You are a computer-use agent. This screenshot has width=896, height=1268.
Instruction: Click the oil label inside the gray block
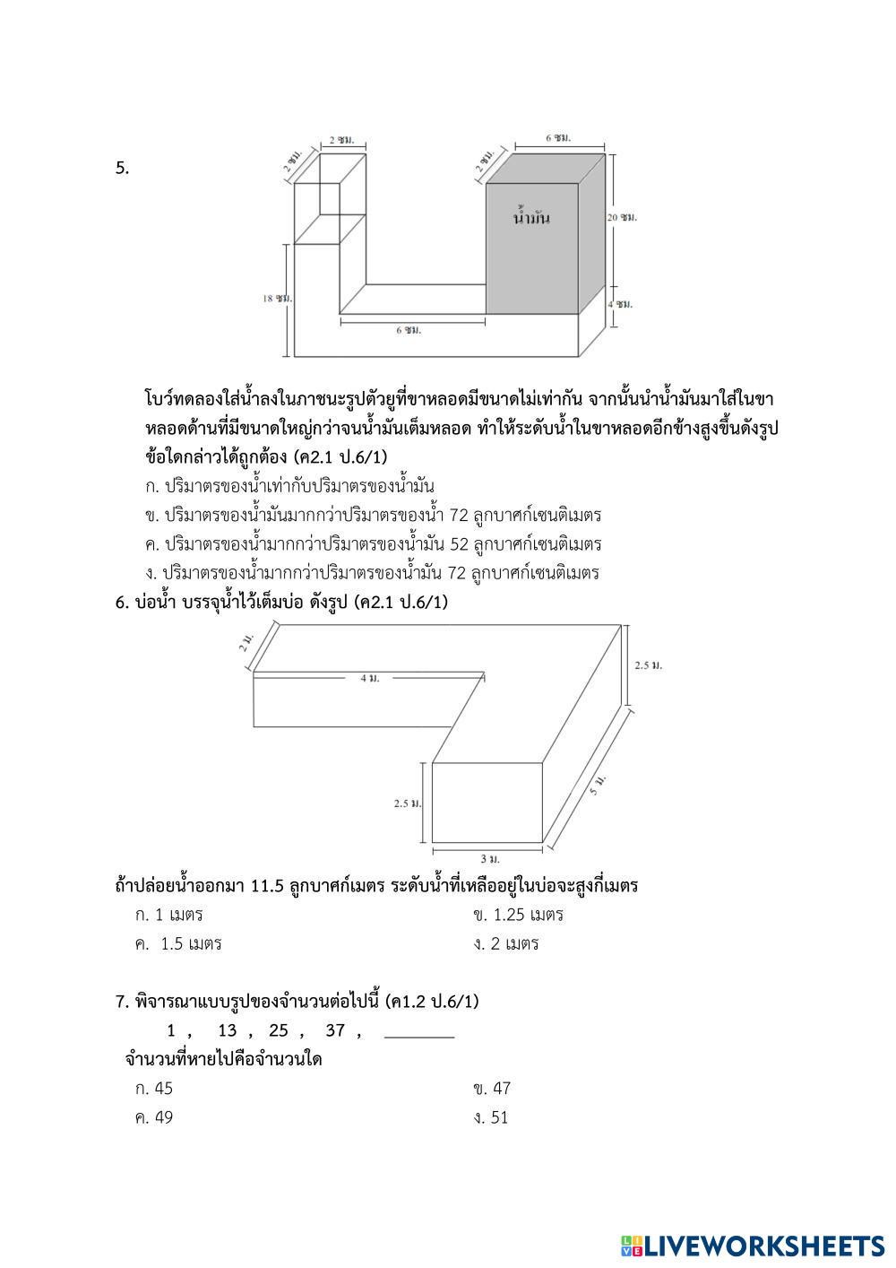pos(531,218)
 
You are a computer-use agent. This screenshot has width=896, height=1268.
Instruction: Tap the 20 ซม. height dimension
pos(623,218)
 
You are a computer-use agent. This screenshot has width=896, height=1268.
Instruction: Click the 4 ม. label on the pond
pos(369,679)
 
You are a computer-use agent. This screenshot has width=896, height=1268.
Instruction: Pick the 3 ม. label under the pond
pos(489,859)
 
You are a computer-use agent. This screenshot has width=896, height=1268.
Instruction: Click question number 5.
pos(123,168)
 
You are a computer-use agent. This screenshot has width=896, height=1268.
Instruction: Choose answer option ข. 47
pos(492,1089)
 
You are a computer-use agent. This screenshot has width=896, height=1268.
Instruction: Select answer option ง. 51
pos(491,1117)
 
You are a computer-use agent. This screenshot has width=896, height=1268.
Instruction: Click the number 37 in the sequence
pos(335,1030)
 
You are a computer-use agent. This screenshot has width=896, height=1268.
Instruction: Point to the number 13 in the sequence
pos(227,1030)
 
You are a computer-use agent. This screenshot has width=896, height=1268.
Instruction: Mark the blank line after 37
pos(419,1035)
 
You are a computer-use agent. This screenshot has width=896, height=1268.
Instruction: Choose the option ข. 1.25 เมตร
pos(519,915)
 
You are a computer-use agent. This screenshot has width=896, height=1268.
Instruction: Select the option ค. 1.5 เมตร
pos(178,943)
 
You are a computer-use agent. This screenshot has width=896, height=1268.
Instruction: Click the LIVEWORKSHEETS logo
pos(752,1246)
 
